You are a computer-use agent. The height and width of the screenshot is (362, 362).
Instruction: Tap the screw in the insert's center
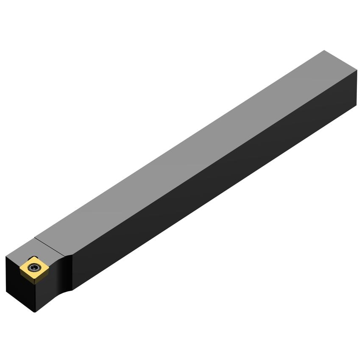[x=33, y=267]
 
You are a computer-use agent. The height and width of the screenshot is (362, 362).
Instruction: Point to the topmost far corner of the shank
[x=324, y=50]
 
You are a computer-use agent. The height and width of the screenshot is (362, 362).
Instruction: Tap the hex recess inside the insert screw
[x=33, y=267]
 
